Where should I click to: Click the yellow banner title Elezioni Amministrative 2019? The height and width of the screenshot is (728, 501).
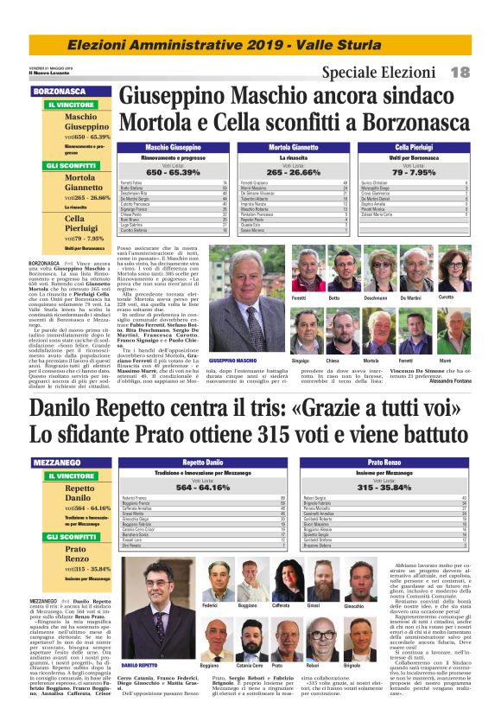[x=250, y=44]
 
